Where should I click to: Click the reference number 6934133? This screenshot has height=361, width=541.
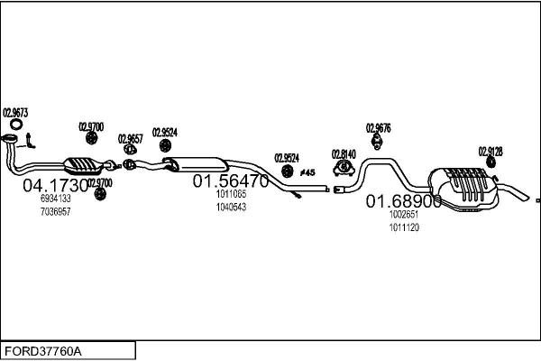pos(56,199)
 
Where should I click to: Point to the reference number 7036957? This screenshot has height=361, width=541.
pos(56,211)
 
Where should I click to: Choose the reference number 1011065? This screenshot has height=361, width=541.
pos(231,194)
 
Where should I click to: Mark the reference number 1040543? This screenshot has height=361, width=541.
pos(231,207)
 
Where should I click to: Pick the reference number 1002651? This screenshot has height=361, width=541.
pos(404,216)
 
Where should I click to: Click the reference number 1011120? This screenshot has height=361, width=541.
pos(404,227)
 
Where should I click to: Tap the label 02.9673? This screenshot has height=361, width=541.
pos(15,113)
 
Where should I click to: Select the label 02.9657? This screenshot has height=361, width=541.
pos(130,138)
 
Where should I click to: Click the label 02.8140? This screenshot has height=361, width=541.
pos(344,153)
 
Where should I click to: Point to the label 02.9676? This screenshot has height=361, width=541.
pos(378,128)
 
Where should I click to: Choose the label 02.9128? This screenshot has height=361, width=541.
pos(491,152)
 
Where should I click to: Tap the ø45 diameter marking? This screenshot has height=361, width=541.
pos(307,171)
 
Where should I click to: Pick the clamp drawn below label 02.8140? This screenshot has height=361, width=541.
pos(344,169)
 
